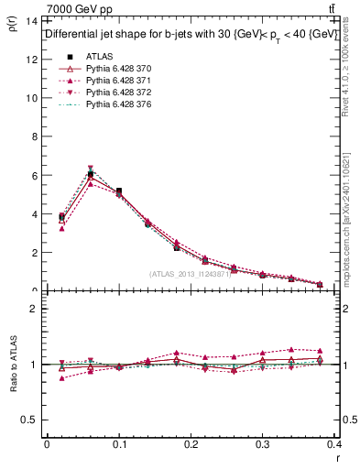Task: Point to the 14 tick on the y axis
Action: click(x=31, y=21)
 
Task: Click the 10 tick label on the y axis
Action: click(x=31, y=98)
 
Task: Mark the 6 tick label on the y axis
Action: click(x=34, y=176)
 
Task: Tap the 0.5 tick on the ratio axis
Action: click(x=29, y=420)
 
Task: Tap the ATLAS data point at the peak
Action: click(x=91, y=174)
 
